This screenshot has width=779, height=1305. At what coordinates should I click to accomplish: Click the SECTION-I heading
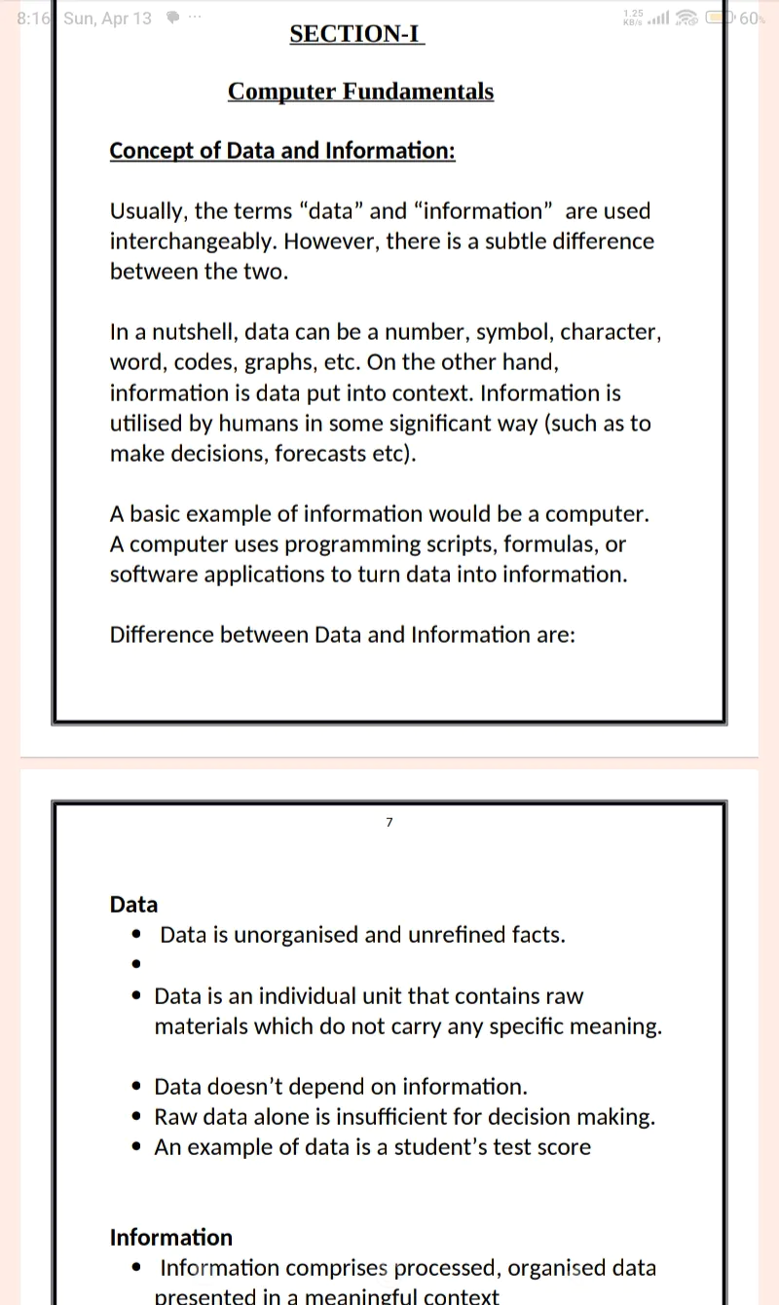356,34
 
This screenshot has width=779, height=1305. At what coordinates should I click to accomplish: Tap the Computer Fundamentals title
360,92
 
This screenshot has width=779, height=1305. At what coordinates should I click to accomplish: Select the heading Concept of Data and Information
282,152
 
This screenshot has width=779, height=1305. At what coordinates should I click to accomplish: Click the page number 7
389,823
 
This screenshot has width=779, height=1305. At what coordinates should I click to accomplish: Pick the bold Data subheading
133,905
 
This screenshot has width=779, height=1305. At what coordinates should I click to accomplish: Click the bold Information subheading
171,1238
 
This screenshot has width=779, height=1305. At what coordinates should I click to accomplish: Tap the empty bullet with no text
137,965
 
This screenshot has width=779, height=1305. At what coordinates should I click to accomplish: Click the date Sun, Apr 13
107,19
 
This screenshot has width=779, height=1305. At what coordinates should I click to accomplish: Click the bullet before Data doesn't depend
137,1087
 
